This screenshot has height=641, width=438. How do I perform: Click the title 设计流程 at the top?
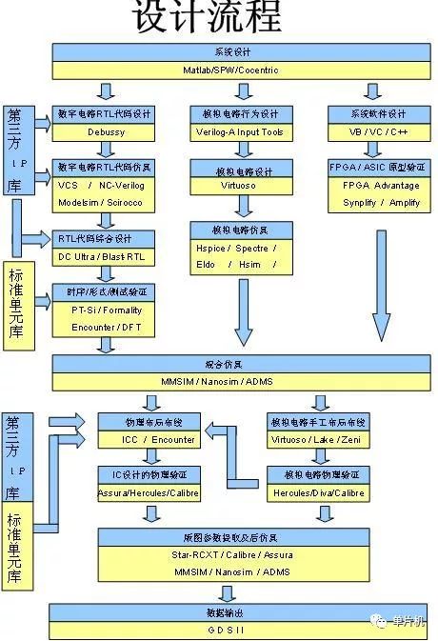[x=207, y=17]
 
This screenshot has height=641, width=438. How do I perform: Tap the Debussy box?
[x=105, y=131]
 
